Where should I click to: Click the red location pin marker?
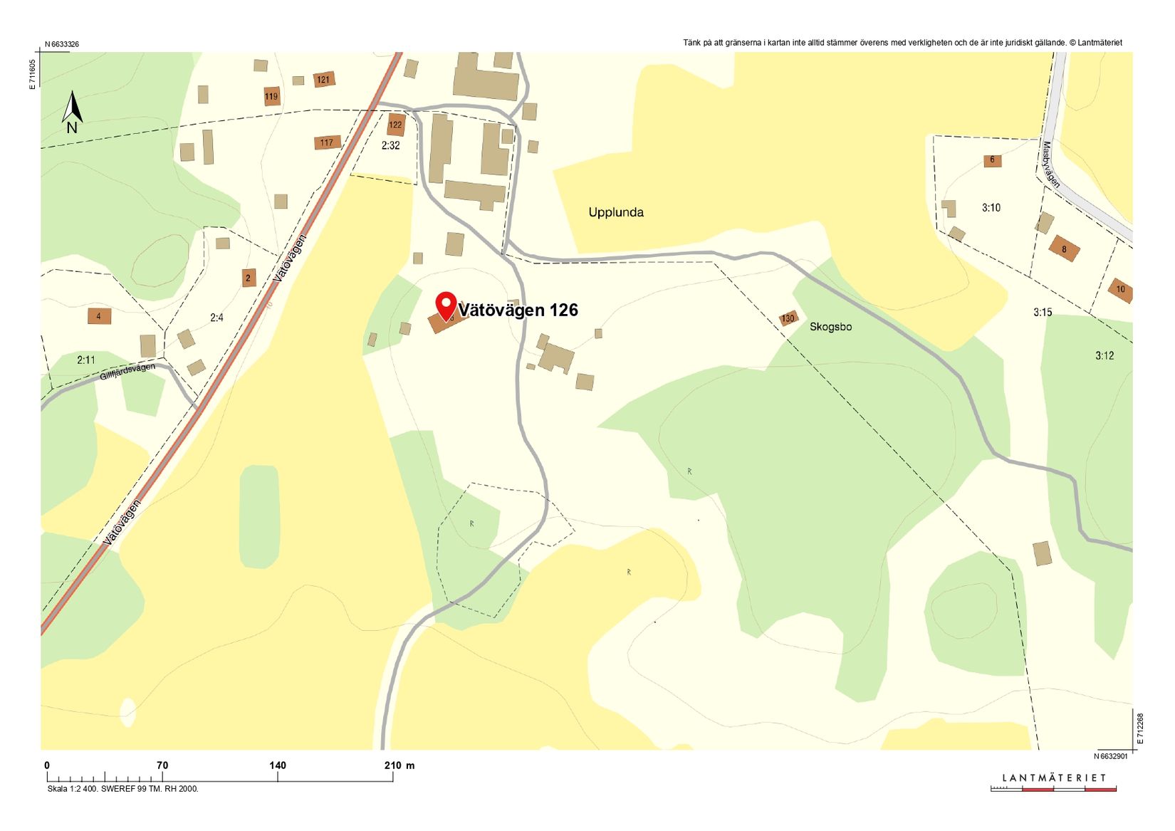tap(446, 305)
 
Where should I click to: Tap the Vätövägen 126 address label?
tap(518, 310)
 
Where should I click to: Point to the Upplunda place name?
tap(616, 212)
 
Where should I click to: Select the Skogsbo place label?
tap(830, 327)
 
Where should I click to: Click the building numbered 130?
tap(788, 318)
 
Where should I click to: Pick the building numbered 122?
tap(395, 125)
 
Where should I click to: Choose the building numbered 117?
tap(326, 142)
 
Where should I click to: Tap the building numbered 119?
tap(271, 96)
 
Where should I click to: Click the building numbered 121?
tap(324, 80)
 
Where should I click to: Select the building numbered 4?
tap(99, 315)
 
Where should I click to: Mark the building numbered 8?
tap(1064, 249)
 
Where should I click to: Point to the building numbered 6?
tap(992, 160)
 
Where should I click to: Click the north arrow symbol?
tap(72, 112)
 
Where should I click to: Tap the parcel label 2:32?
tap(390, 145)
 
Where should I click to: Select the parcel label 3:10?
tap(991, 208)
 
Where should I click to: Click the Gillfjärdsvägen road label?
tap(127, 370)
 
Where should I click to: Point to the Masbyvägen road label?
tap(1050, 164)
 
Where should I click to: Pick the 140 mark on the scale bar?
tap(278, 765)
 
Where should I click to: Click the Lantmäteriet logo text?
tap(1054, 778)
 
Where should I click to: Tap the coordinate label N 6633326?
tap(62, 44)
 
